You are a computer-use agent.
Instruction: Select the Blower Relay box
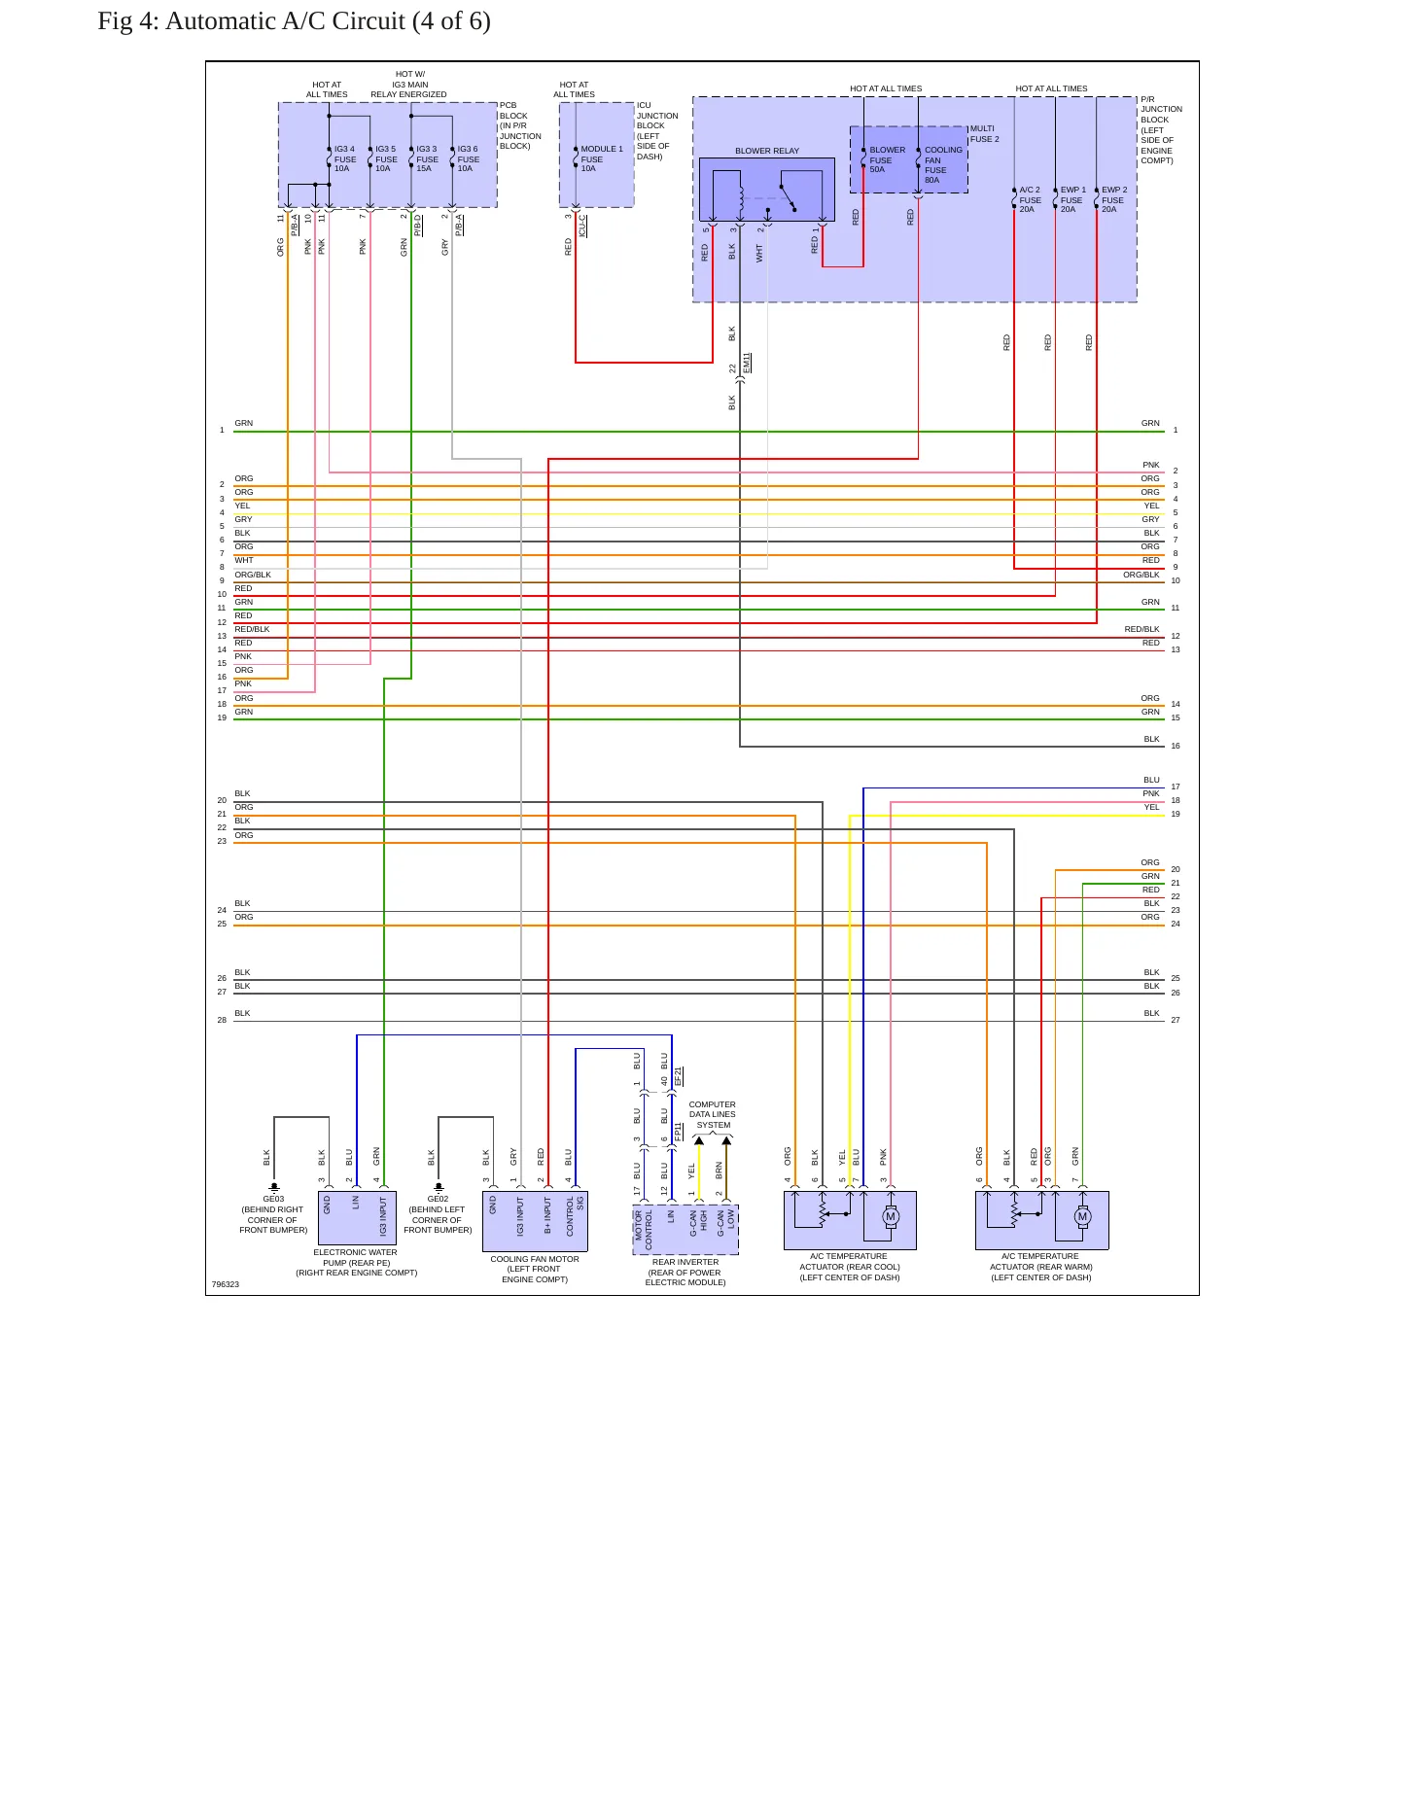pos(767,190)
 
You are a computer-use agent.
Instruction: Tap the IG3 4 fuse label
pos(345,158)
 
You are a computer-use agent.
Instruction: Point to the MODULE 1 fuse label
pos(602,158)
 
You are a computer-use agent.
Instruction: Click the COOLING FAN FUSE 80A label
pos(943,164)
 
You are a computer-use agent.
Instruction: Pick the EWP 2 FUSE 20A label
pos(1114,199)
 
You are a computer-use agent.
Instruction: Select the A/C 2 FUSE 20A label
pos(1030,199)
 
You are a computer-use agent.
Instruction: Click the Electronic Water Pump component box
pos(357,1217)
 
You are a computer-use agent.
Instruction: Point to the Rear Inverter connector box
pos(685,1230)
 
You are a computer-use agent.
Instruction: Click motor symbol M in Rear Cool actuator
pos(891,1216)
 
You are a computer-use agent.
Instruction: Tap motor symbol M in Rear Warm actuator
pos(1082,1216)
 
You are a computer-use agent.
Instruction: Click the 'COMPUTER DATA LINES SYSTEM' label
pos(713,1114)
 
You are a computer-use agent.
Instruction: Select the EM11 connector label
pos(747,364)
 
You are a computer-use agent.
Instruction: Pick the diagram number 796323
pos(226,1284)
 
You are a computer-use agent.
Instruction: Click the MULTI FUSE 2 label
pos(984,134)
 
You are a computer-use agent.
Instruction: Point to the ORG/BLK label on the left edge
pos(253,575)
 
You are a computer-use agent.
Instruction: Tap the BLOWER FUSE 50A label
pos(887,159)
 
